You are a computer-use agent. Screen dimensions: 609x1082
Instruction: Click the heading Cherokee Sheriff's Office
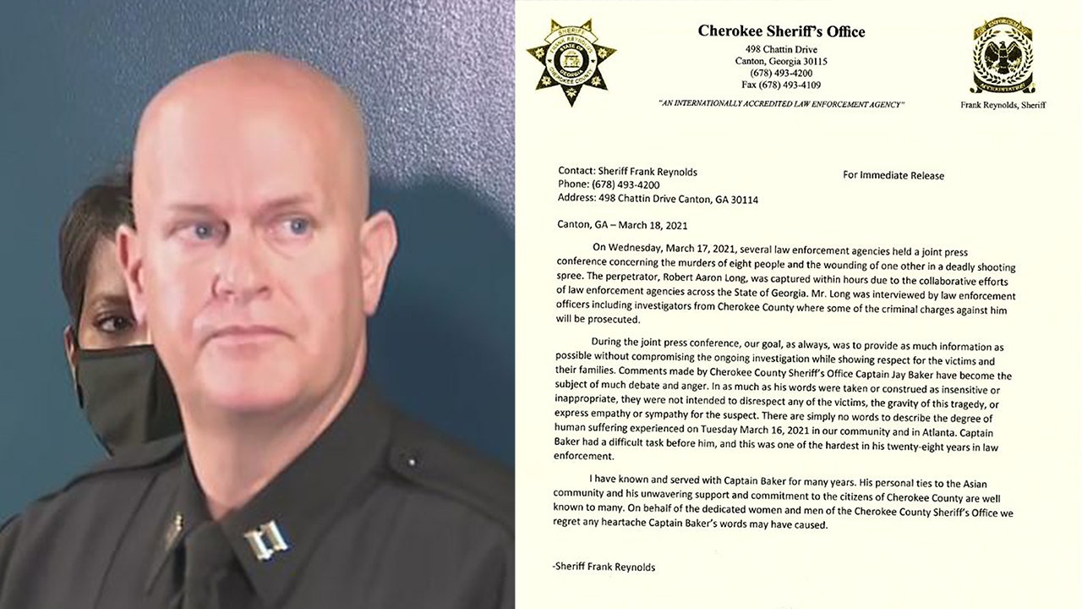click(781, 32)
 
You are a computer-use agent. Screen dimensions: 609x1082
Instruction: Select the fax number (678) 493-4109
click(781, 85)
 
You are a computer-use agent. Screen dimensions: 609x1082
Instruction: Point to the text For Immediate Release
click(893, 176)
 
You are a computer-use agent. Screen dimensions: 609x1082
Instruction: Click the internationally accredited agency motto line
click(781, 104)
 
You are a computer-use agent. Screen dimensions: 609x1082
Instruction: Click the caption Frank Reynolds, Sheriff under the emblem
click(1003, 105)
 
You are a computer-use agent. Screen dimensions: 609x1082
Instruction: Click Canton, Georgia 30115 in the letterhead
click(781, 62)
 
